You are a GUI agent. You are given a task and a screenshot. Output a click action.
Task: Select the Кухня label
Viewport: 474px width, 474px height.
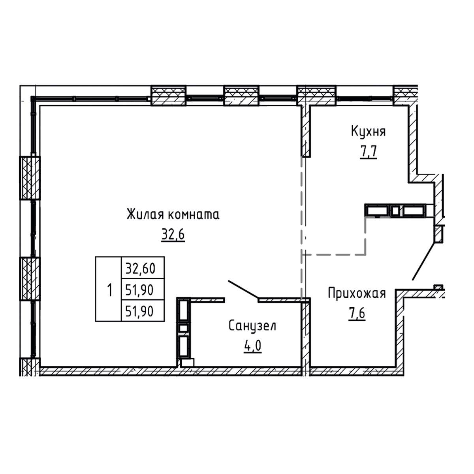click(368, 132)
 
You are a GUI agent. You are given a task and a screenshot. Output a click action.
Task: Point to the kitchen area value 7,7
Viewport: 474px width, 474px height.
click(369, 152)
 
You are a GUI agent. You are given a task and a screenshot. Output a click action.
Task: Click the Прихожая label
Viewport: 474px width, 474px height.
click(357, 293)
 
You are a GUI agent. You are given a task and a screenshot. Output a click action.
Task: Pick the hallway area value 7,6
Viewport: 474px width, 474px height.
click(357, 314)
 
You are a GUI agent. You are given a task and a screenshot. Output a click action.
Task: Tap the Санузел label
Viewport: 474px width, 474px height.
click(252, 326)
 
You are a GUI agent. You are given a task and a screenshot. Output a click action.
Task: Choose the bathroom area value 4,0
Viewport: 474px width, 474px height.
click(252, 346)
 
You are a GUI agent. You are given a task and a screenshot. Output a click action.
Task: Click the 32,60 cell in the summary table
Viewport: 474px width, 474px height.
click(143, 268)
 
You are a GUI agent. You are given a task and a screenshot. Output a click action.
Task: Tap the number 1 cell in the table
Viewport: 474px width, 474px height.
click(109, 289)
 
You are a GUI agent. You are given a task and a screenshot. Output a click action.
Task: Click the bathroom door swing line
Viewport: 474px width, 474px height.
click(243, 289)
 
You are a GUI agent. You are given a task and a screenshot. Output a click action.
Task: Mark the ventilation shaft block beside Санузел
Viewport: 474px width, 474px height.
click(184, 328)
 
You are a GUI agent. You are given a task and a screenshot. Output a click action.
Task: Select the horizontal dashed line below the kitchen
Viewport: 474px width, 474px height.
click(334, 254)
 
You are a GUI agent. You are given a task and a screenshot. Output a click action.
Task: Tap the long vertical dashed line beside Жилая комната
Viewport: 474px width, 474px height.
click(302, 227)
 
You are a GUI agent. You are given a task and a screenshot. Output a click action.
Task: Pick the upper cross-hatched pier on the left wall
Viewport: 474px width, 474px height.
click(30, 178)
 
